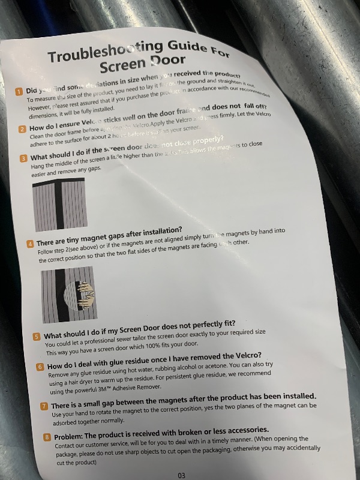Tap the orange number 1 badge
[19, 91]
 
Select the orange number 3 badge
[23, 158]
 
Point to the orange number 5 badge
[37, 337]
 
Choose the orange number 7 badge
[44, 406]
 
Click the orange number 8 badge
[47, 437]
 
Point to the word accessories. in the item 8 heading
[240, 430]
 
